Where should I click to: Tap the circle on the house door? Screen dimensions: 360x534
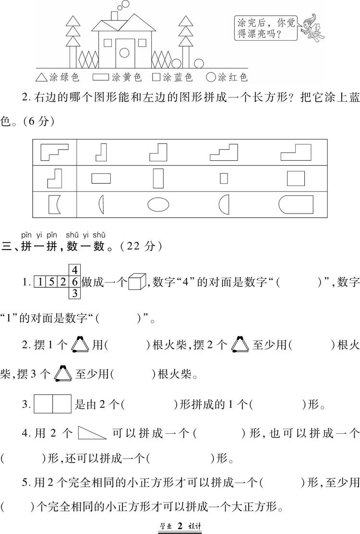tap(124, 53)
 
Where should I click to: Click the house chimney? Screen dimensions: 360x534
tap(114, 16)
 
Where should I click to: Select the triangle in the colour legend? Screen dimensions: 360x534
tap(41, 77)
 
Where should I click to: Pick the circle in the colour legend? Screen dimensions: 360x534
tap(211, 77)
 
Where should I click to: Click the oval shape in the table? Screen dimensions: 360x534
tap(158, 205)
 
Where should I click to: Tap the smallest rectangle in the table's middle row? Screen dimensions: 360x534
tap(224, 178)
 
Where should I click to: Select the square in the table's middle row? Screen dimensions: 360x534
tap(296, 178)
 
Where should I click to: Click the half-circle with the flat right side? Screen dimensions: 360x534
tap(224, 205)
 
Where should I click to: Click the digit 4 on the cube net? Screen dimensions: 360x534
tap(74, 271)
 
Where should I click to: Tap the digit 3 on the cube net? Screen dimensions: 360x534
tap(74, 293)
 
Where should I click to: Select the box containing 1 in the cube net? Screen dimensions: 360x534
tap(40, 282)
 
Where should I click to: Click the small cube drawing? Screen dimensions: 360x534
tap(137, 282)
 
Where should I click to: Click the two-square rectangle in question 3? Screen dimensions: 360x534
tap(52, 404)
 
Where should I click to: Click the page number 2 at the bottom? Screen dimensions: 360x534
tap(180, 526)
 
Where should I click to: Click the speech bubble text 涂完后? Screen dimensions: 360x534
tap(252, 23)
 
